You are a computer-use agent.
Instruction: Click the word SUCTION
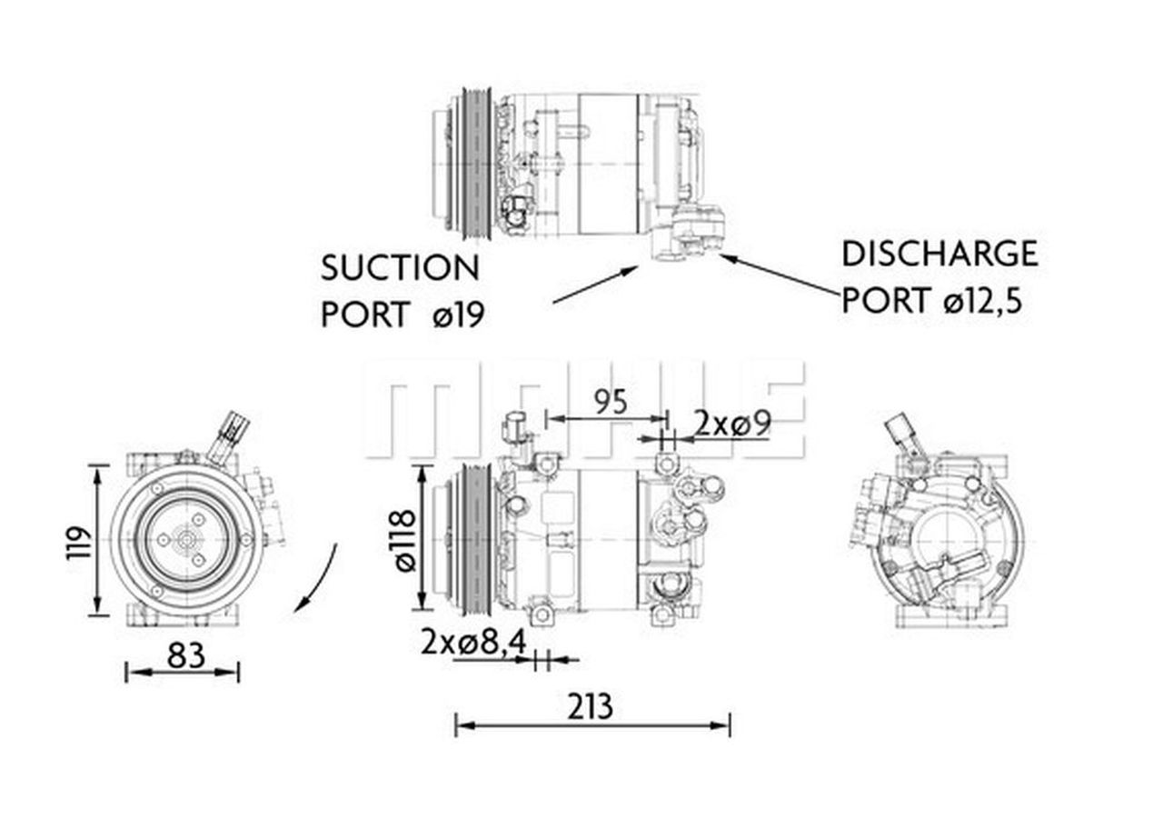(400, 268)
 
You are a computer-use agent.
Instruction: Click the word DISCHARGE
(939, 254)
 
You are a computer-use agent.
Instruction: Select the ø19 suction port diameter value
(459, 315)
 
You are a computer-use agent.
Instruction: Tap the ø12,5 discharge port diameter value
(982, 300)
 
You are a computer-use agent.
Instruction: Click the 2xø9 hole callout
(732, 422)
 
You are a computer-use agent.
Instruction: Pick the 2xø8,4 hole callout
(473, 642)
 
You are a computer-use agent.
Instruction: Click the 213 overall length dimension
(591, 705)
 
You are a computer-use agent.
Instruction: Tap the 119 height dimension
(80, 542)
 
